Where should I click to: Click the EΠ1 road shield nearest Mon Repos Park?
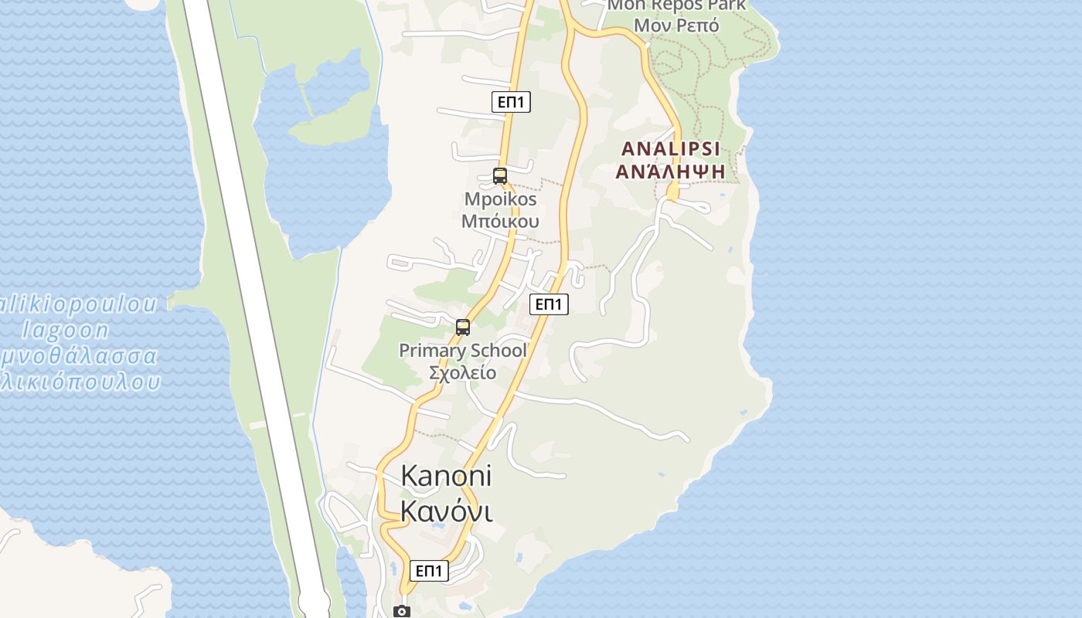pos(511,101)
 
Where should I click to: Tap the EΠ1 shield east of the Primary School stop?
pos(549,304)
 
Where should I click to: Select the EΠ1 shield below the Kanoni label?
pos(428,571)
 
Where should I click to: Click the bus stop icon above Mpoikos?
pos(500,176)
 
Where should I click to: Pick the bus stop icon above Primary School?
pos(463,328)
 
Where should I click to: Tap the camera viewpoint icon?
pos(402,611)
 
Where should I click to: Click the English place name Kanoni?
pos(446,476)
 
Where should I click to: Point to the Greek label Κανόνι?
pos(446,511)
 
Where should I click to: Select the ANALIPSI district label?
pos(671,148)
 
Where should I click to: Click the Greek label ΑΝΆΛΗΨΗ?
pos(671,171)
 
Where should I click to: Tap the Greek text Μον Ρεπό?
pos(676,25)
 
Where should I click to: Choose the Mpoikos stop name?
pos(500,199)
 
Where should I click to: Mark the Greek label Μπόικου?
pos(500,222)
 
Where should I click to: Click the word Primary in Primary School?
pos(433,351)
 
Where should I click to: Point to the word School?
pos(498,351)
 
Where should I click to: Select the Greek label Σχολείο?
pos(463,373)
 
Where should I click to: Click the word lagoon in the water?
pos(66,331)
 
